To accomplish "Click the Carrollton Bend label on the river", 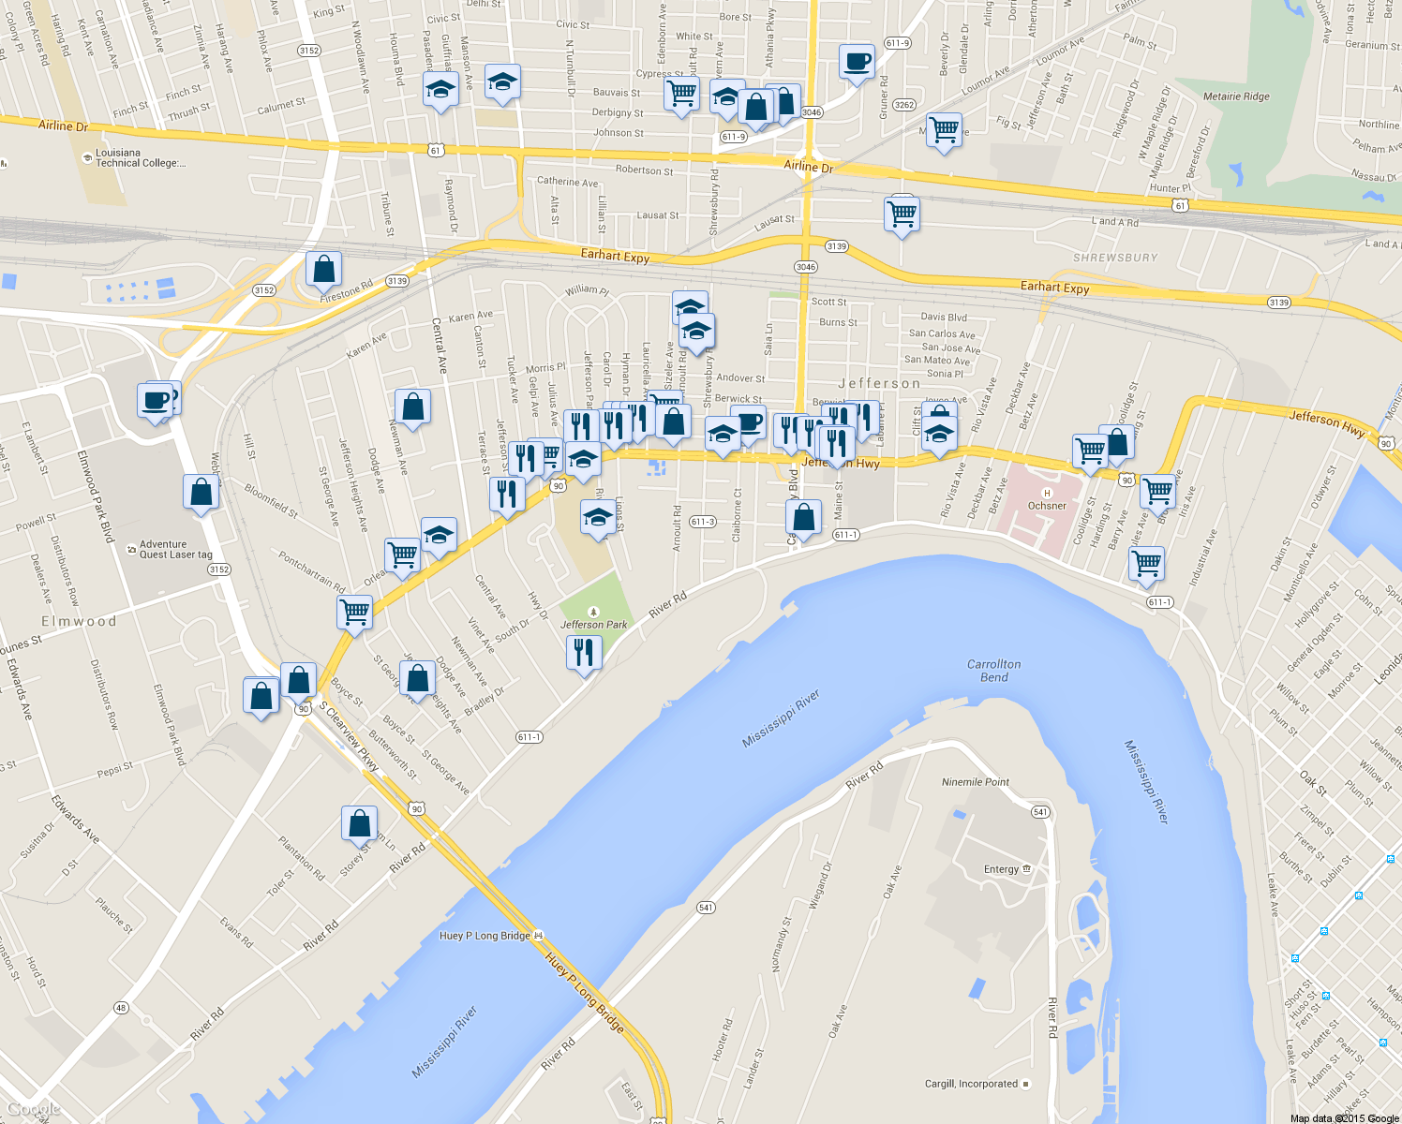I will [x=994, y=671].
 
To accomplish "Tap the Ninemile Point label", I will [x=976, y=782].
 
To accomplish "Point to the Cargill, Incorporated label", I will [x=971, y=1084].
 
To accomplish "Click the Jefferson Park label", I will [x=593, y=625].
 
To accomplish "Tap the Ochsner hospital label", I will [x=1047, y=506].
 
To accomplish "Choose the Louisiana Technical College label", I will [x=140, y=157].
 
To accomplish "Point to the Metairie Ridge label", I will [x=1236, y=96].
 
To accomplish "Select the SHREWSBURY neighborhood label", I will [x=1115, y=258].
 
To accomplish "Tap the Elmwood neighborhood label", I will [x=79, y=621].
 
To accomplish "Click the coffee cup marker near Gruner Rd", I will [x=857, y=63].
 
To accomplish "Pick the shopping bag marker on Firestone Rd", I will [x=323, y=270].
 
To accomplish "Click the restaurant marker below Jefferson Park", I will [x=584, y=652].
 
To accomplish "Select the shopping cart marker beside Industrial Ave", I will [x=1146, y=565].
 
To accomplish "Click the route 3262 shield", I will [x=903, y=105].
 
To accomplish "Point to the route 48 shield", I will [x=121, y=1008].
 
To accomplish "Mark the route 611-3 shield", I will [x=702, y=522].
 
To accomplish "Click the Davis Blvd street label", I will [x=943, y=318].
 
